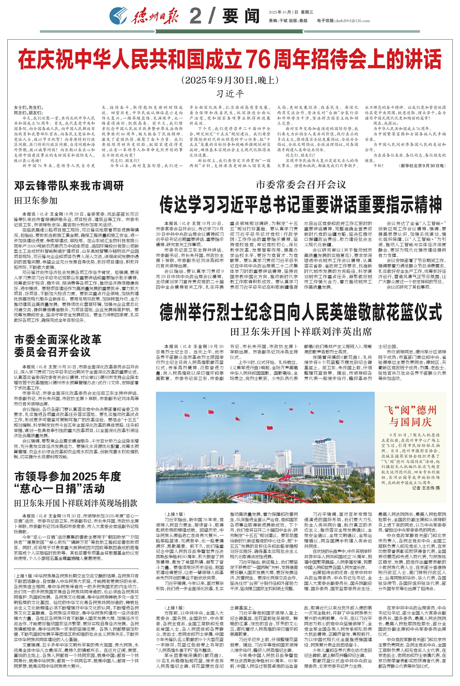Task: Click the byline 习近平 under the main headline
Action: [x=230, y=94]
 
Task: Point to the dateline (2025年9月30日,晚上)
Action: [x=230, y=80]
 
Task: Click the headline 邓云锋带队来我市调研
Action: [x=69, y=186]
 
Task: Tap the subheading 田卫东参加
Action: [x=36, y=201]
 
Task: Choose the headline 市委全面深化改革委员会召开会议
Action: [x=58, y=346]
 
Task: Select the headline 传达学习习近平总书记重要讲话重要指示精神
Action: [x=301, y=205]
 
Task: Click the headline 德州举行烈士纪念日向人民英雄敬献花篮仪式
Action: [x=301, y=313]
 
